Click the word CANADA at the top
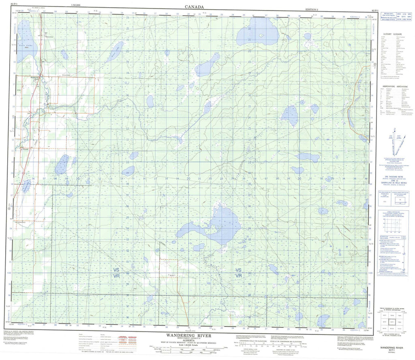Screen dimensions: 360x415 click(x=194, y=6)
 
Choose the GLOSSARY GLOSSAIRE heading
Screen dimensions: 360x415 click(x=392, y=34)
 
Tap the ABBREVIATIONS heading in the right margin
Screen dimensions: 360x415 click(x=392, y=86)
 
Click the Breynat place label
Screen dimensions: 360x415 click(x=25, y=149)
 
